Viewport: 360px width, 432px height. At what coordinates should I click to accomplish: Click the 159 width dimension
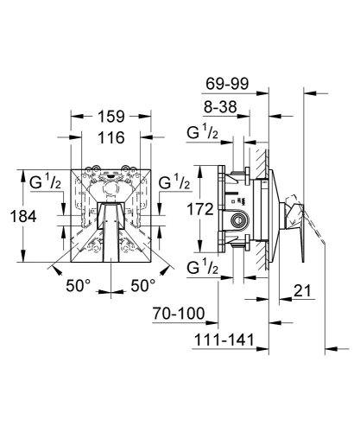click(111, 117)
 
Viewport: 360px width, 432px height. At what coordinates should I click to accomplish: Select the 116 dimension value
click(111, 137)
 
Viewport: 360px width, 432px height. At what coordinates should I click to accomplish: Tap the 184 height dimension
click(23, 216)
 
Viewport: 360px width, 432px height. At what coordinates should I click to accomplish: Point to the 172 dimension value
click(200, 209)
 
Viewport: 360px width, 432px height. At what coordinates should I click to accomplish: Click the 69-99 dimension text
click(227, 84)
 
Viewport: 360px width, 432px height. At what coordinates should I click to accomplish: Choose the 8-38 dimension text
click(220, 107)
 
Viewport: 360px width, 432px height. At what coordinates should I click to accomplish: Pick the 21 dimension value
click(302, 291)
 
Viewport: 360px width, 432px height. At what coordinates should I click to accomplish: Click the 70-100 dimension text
click(179, 314)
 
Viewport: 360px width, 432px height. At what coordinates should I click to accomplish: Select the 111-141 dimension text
click(224, 340)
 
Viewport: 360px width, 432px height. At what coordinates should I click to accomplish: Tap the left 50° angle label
click(79, 286)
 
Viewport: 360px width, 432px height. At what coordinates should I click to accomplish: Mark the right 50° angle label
click(143, 286)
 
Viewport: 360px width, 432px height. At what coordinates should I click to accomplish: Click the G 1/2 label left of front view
click(45, 182)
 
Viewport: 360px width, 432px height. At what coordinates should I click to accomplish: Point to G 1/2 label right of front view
click(174, 182)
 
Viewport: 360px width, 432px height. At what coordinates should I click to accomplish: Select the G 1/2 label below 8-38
click(202, 133)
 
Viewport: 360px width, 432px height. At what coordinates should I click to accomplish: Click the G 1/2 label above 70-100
click(202, 268)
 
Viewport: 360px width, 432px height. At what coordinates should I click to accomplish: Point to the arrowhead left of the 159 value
click(77, 117)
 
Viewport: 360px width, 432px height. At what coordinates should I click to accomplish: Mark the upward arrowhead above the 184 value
click(23, 175)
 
